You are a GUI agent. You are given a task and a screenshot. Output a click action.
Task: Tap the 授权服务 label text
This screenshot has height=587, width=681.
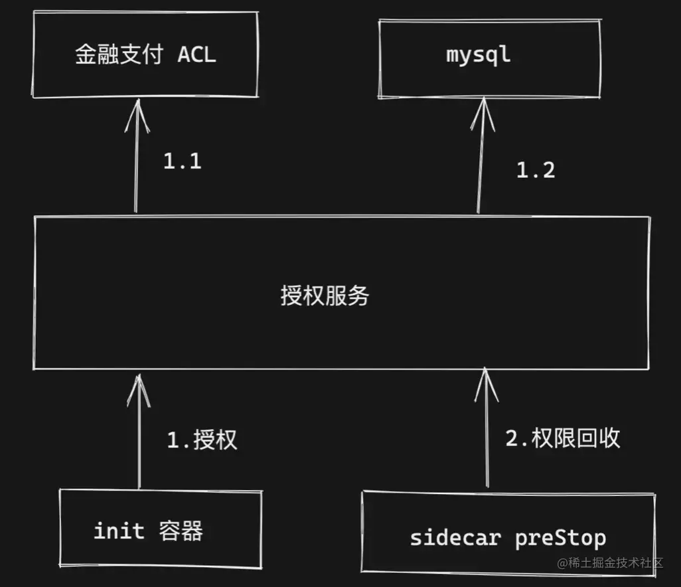(x=325, y=295)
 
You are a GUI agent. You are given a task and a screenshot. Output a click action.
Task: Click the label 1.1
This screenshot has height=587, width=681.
(x=182, y=161)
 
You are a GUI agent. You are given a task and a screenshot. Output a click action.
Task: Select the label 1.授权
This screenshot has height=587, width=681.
(x=201, y=440)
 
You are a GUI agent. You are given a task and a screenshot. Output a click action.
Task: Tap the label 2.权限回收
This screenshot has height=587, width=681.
(x=563, y=438)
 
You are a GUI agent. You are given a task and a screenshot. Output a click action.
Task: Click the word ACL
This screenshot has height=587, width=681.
(x=197, y=54)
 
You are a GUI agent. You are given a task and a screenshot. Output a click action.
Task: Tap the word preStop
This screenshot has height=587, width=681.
(x=560, y=537)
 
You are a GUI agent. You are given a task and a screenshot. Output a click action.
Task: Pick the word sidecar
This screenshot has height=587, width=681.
(x=455, y=537)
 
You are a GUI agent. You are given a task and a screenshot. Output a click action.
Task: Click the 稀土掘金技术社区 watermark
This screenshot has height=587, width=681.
(x=610, y=563)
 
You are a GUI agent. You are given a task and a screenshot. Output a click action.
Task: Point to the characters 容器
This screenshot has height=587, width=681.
(x=181, y=531)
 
